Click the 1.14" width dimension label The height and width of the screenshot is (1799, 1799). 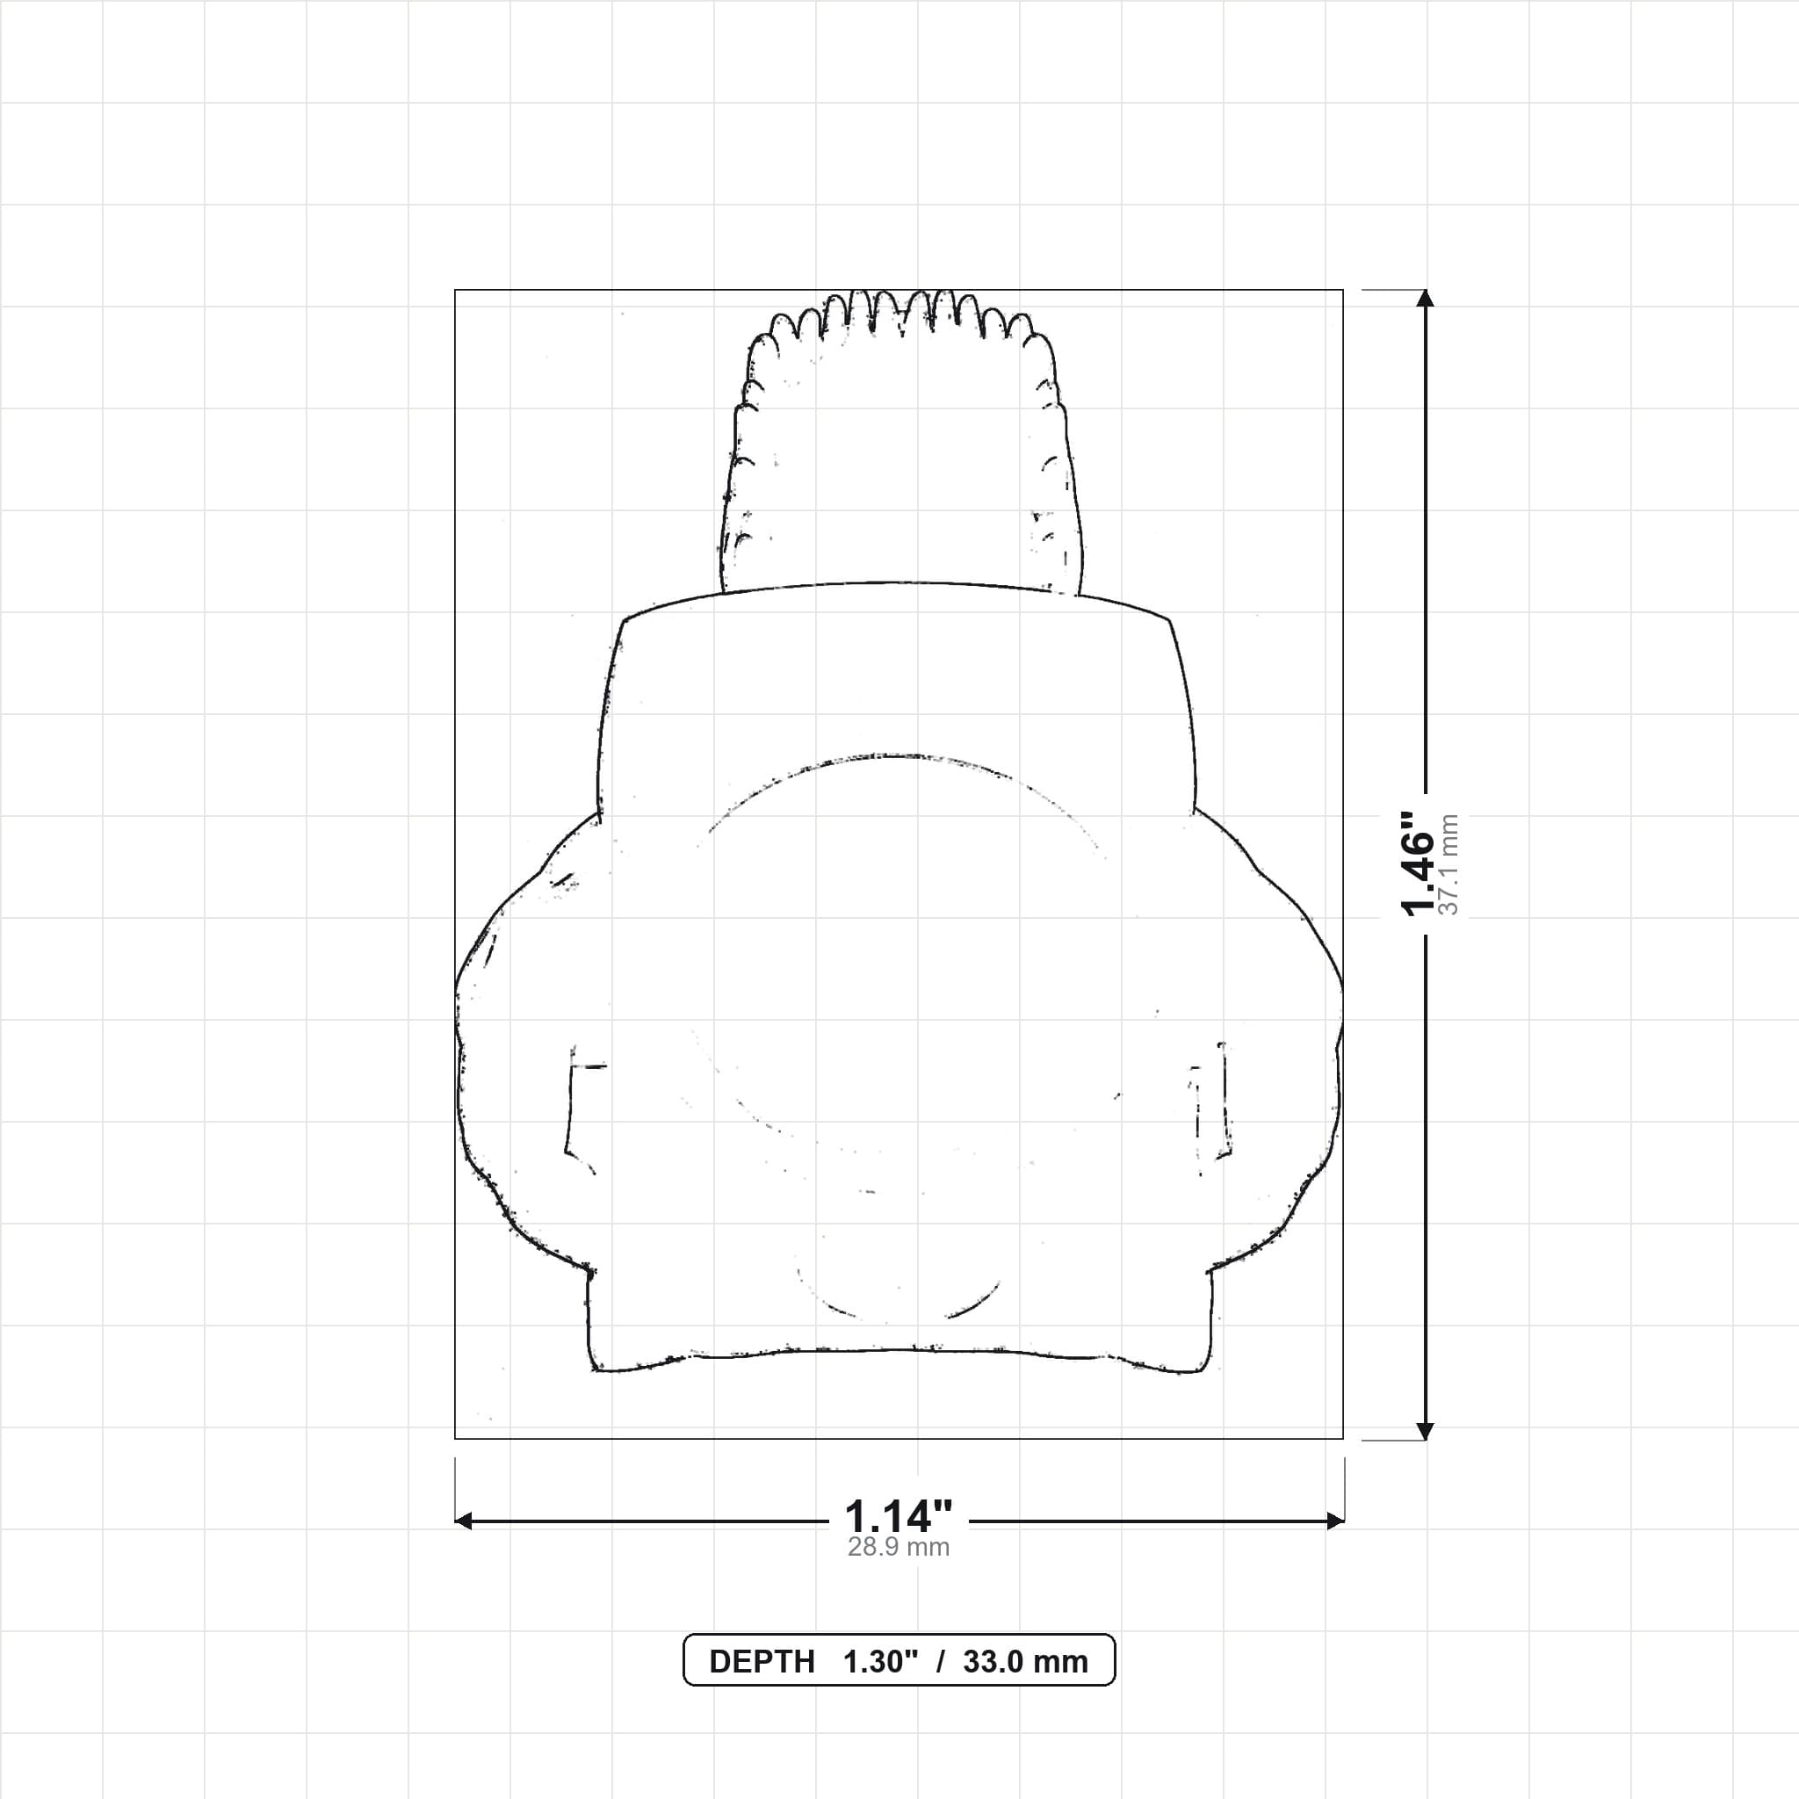[899, 1517]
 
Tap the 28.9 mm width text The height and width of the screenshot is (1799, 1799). [899, 1547]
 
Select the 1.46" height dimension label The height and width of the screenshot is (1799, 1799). [1417, 864]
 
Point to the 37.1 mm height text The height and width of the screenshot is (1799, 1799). [1448, 864]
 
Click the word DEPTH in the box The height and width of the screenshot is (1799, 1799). [762, 1661]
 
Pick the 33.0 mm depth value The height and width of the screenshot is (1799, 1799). [1025, 1661]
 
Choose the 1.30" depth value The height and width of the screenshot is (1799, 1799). [881, 1661]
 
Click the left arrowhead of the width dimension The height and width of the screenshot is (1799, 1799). [463, 1521]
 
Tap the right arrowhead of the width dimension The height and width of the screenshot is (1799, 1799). [1335, 1521]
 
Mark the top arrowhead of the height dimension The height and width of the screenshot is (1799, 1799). [1425, 298]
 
